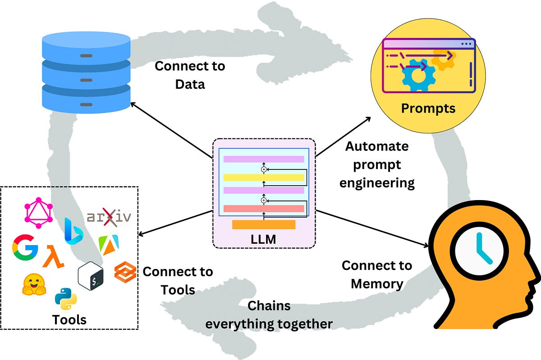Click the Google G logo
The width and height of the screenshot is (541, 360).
pyautogui.click(x=25, y=248)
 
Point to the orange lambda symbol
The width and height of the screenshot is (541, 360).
pyautogui.click(x=54, y=256)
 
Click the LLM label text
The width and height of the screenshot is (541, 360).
pyautogui.click(x=264, y=238)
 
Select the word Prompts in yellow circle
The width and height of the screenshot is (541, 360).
pyautogui.click(x=428, y=109)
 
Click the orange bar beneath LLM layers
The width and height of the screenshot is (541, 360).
pyautogui.click(x=264, y=224)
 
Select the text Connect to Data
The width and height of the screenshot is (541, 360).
pyautogui.click(x=190, y=75)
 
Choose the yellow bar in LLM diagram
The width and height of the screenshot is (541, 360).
pyautogui.click(x=264, y=177)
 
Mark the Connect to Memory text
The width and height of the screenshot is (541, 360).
pyautogui.click(x=377, y=274)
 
